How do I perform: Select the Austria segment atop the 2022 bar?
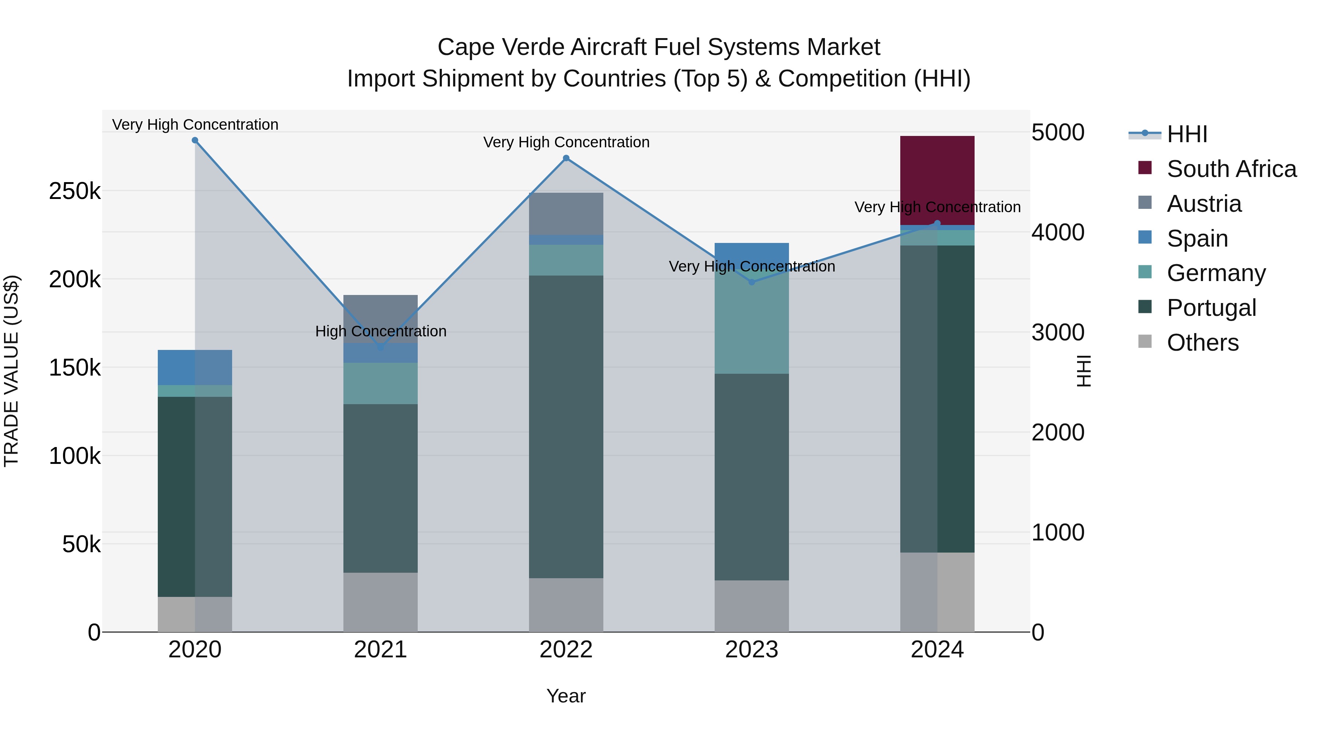pos(566,214)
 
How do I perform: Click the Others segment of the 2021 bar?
pos(380,602)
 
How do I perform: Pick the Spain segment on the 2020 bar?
pos(194,367)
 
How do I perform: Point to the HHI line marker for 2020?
pos(195,140)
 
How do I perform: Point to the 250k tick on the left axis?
pos(75,192)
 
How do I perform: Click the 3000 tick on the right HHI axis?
pos(1057,332)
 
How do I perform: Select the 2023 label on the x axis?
pos(751,650)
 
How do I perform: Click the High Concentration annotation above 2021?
pos(381,331)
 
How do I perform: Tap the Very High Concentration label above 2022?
pos(566,143)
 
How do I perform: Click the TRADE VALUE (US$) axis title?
pos(11,371)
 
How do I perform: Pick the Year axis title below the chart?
pos(566,696)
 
